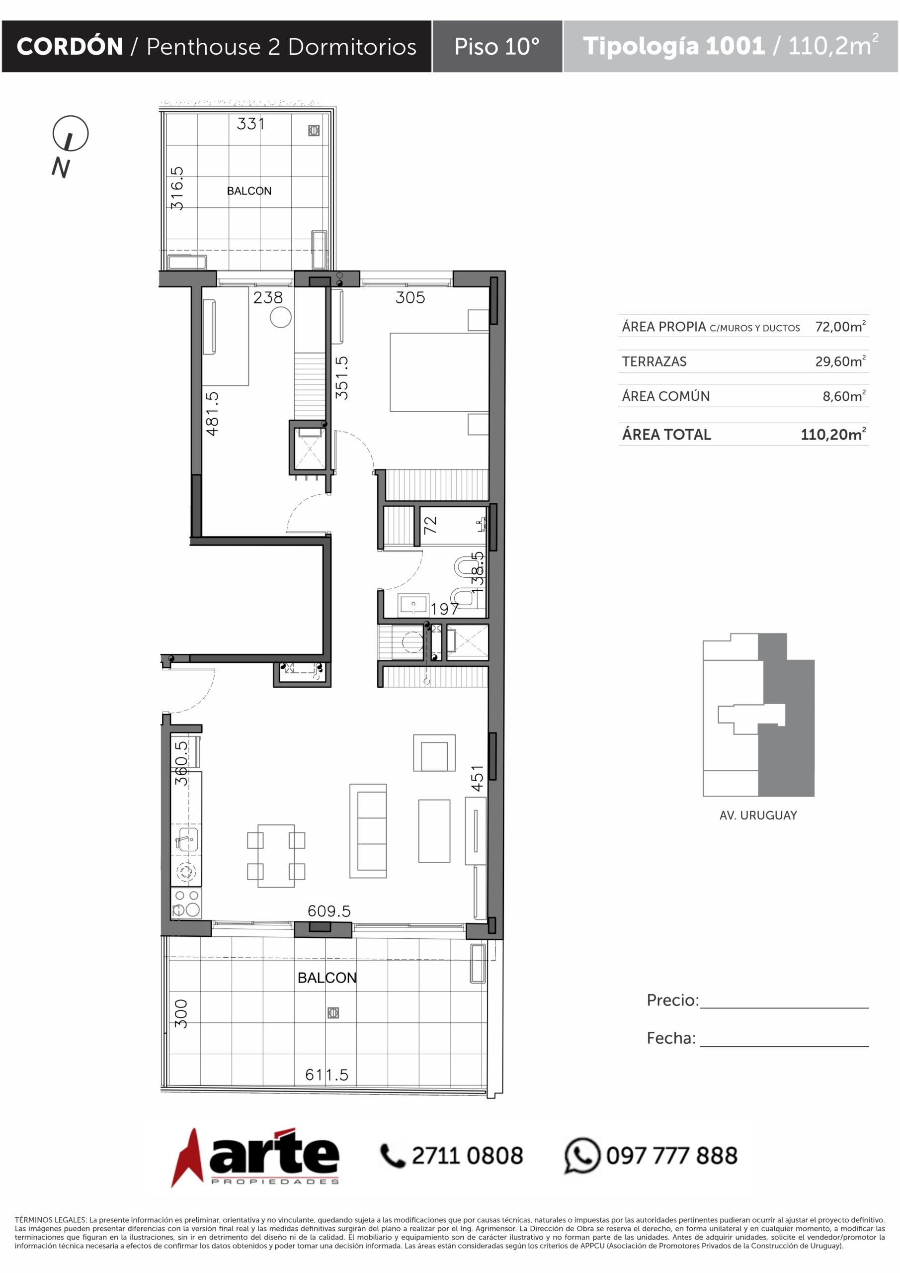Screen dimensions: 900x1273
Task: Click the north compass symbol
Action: coord(71,134)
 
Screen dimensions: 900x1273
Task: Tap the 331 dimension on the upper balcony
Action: coord(250,124)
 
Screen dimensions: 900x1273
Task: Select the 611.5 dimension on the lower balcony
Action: coord(327,1075)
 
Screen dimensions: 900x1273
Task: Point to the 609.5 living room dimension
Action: coord(329,911)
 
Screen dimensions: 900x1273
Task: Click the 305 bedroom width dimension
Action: coord(410,298)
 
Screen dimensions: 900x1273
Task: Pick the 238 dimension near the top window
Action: coord(268,298)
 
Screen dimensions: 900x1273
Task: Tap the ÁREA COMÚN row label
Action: coord(665,396)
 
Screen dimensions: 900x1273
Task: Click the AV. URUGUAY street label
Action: coord(758,815)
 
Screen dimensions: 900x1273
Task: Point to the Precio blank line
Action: coord(784,1007)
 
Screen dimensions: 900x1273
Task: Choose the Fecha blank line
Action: coord(784,1046)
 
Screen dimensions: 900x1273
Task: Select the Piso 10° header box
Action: coord(497,47)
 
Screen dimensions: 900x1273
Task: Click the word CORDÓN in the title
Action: coord(70,47)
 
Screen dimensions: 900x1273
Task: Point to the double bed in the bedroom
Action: coord(439,372)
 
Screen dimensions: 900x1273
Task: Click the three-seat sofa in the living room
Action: coord(368,830)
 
